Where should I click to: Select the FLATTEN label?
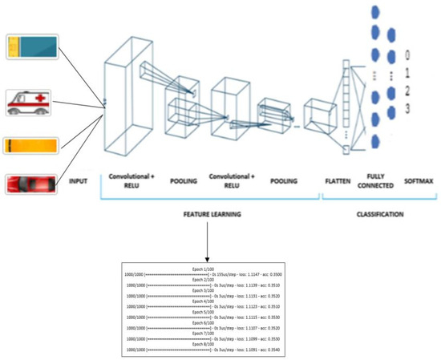point(338,181)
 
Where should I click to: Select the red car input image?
point(30,184)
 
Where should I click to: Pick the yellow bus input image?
point(30,146)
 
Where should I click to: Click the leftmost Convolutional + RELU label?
point(131,181)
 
